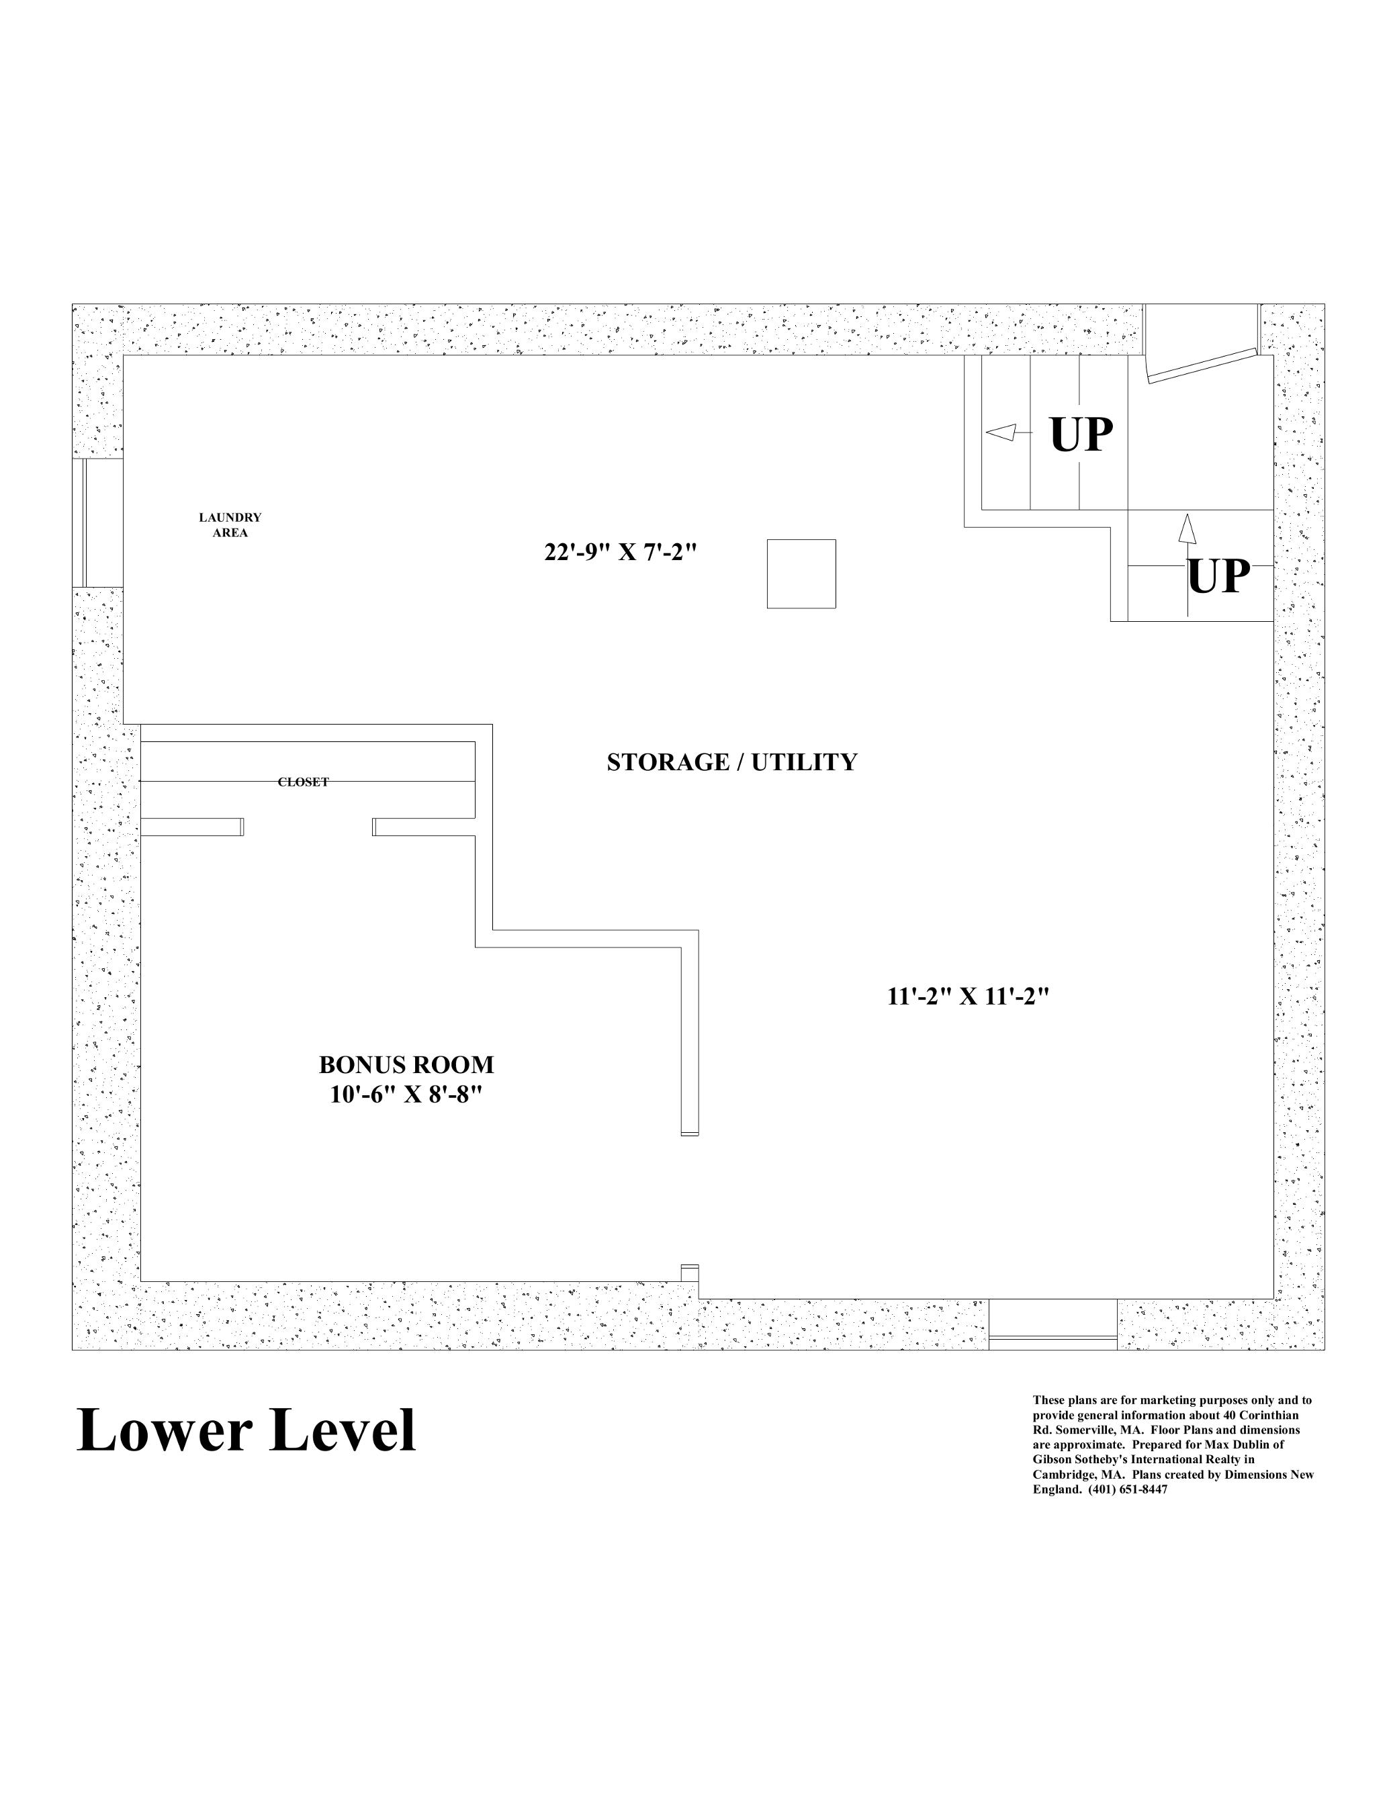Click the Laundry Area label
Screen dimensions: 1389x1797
tap(230, 525)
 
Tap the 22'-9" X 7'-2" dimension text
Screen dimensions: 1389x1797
tap(621, 551)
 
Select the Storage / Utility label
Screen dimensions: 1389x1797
tap(731, 762)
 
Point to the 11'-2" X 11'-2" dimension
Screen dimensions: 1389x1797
tap(969, 997)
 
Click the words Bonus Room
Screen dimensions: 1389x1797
tap(406, 1065)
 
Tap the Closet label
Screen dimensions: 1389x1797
tap(303, 782)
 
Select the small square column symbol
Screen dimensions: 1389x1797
tap(801, 573)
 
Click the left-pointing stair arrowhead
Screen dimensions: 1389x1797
tap(1000, 432)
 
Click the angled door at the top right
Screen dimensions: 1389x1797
tap(1202, 367)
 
